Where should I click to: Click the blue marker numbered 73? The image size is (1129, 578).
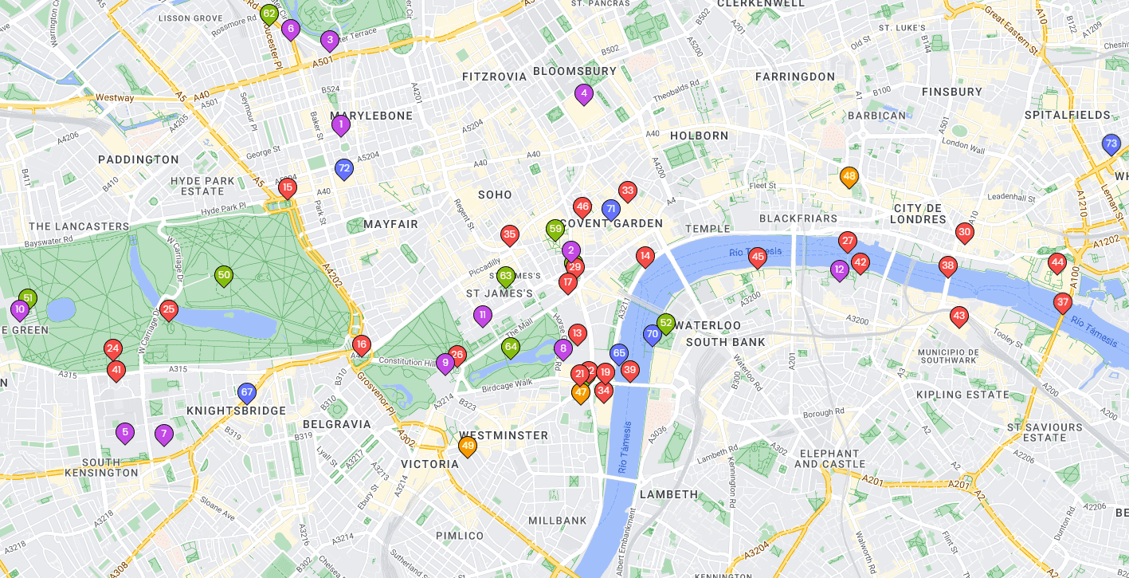point(1111,144)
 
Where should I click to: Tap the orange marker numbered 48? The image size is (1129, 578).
point(849,176)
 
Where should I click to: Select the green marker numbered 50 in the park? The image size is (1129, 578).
point(224,276)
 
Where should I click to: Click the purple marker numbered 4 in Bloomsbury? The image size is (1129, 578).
point(584,93)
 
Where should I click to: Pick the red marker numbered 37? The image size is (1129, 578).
point(1062,302)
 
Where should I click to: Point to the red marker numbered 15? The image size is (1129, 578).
point(288,188)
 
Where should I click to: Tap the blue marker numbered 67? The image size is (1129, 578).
point(247,392)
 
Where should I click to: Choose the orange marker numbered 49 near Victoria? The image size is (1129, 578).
point(468,446)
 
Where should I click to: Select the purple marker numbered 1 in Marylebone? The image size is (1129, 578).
point(341,124)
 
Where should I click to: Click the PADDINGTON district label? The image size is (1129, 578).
point(139,159)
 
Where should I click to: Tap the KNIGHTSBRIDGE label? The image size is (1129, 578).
point(236,411)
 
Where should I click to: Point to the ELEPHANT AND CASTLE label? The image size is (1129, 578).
point(829,458)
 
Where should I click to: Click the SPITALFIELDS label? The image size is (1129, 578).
point(1067,116)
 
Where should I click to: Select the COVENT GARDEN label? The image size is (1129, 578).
point(612,223)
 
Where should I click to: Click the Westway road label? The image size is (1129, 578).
point(115,97)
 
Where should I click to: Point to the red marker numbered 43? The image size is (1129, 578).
point(959,317)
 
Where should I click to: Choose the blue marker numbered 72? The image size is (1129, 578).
point(343,168)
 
